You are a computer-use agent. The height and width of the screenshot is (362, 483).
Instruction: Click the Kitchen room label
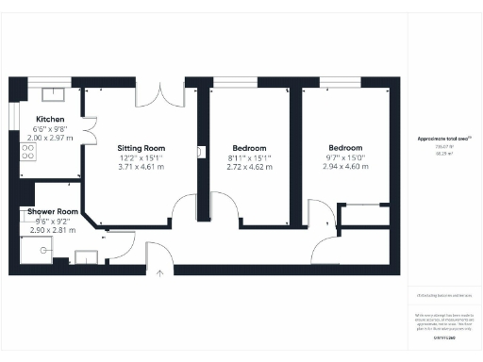[50, 120]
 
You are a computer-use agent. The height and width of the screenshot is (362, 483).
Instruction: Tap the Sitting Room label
[142, 148]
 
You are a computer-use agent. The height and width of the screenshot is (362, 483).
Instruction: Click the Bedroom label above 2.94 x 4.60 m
[345, 148]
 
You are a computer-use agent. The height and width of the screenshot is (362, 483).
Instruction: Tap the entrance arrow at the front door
[159, 273]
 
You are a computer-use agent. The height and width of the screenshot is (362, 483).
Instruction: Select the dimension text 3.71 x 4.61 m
[142, 167]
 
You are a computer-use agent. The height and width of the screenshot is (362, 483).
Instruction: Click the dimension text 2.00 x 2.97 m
[50, 137]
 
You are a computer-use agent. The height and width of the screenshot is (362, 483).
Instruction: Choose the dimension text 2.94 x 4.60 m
[345, 167]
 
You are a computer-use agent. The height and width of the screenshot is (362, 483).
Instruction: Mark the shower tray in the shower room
[34, 248]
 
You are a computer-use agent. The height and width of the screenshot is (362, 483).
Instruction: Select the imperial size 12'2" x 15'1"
[142, 157]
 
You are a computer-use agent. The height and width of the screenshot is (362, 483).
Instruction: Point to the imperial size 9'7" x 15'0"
[345, 157]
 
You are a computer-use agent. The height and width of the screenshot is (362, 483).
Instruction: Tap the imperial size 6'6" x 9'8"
[50, 128]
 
